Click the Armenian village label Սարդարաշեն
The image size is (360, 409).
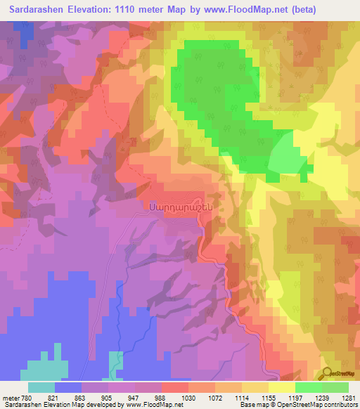tap(179, 207)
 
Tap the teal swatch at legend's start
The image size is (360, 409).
tap(41, 387)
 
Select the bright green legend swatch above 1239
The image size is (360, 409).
tap(308, 387)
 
